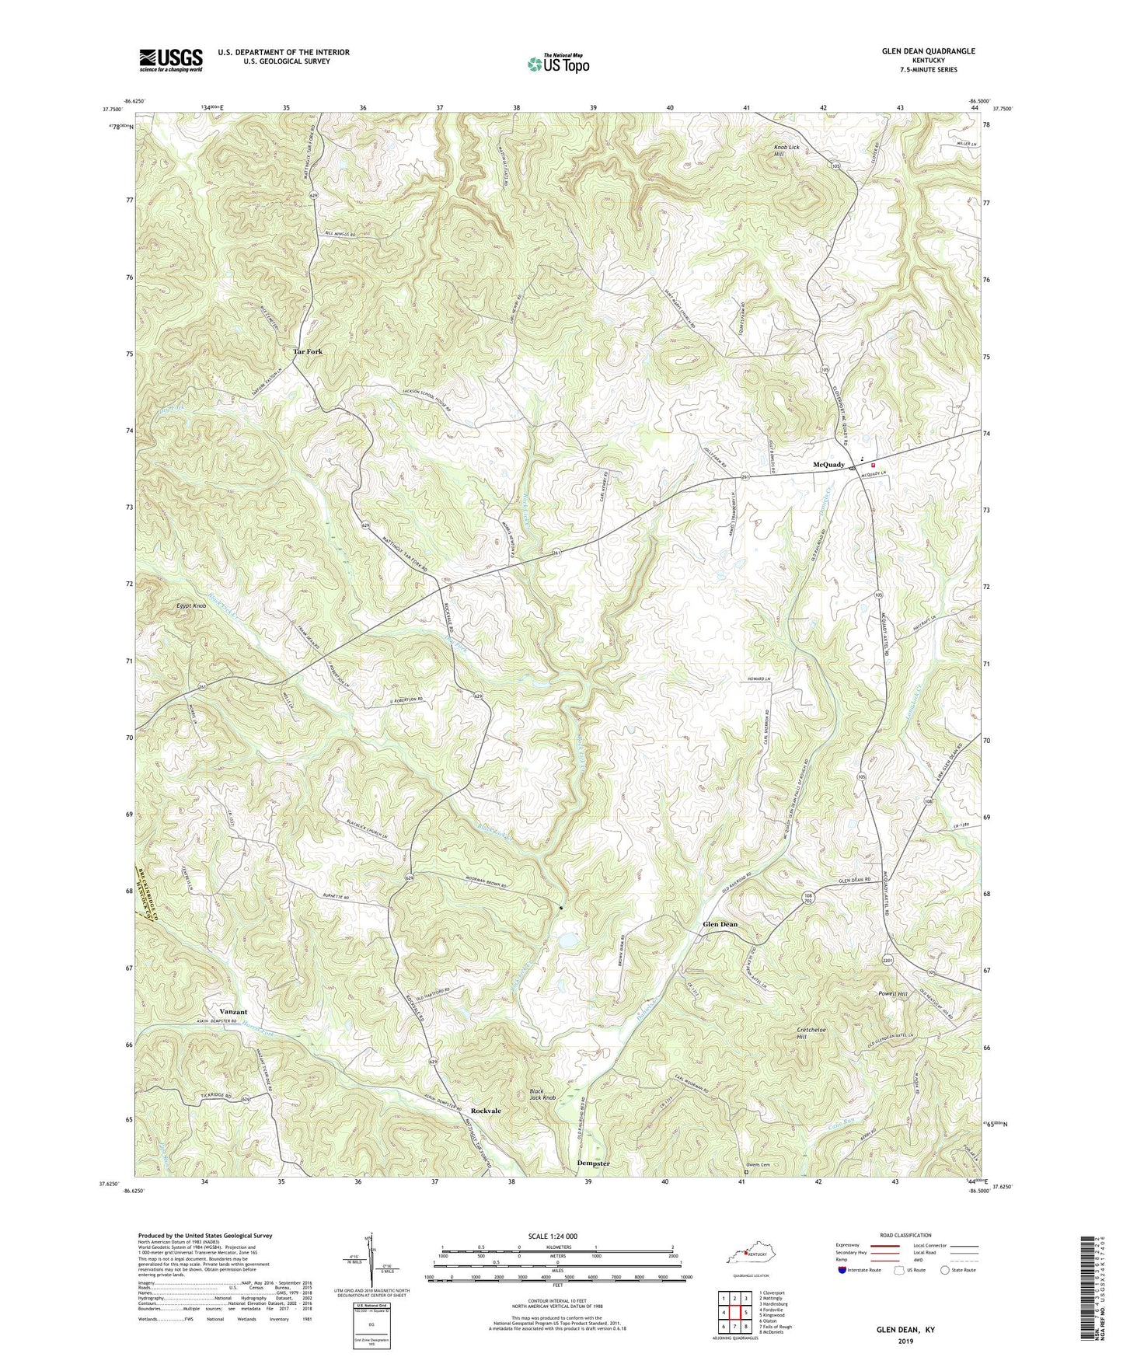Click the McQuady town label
[x=828, y=465]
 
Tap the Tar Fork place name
[x=308, y=351]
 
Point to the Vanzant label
[x=232, y=1012]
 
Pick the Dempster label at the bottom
[x=593, y=1163]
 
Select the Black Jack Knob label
[x=543, y=1094]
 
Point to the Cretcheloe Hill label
[x=812, y=1033]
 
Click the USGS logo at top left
[x=171, y=60]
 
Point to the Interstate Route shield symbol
[x=842, y=1270]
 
